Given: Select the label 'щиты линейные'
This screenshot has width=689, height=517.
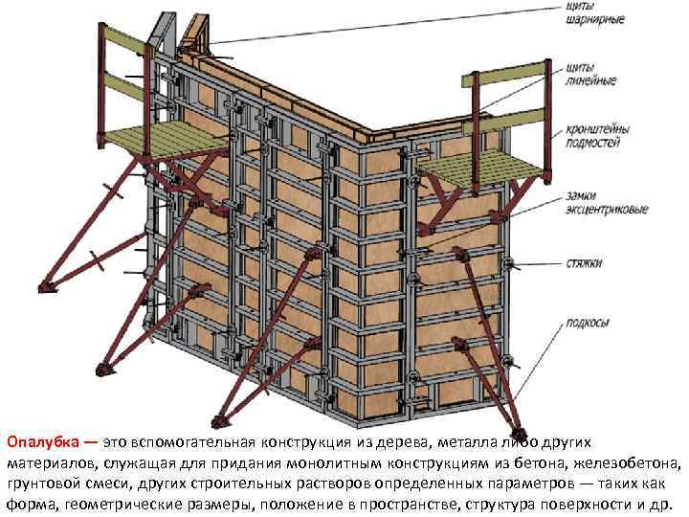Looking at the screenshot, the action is tap(586, 74).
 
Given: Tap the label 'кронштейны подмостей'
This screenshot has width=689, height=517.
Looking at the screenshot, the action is tap(594, 136).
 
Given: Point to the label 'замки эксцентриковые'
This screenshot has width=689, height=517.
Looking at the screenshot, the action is tap(600, 202).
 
